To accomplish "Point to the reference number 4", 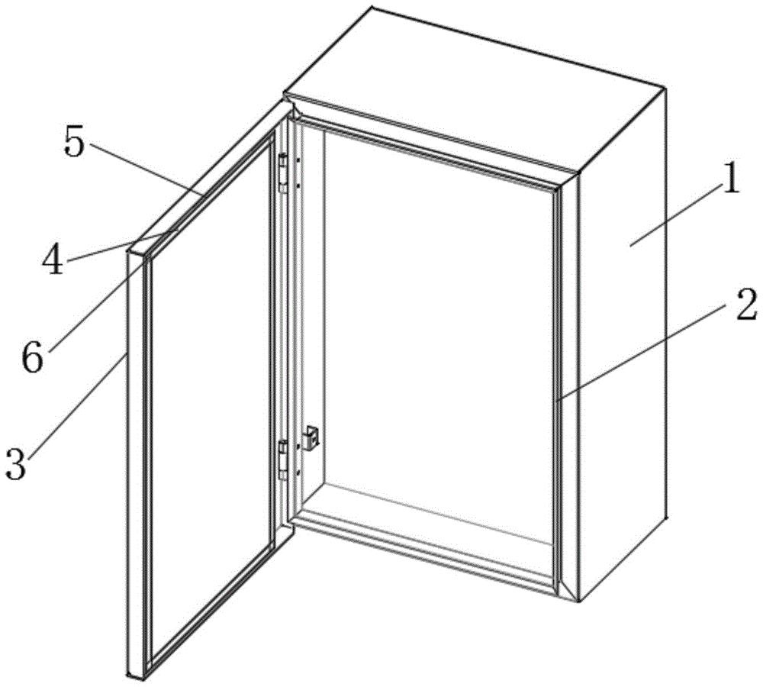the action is tap(52, 262).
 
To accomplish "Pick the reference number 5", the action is tap(75, 144).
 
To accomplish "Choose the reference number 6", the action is tap(32, 358).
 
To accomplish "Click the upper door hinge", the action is tap(282, 173).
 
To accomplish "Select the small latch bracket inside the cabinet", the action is tap(311, 437).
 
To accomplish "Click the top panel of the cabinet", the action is tap(475, 89).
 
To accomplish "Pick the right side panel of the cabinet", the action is tap(623, 340).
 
